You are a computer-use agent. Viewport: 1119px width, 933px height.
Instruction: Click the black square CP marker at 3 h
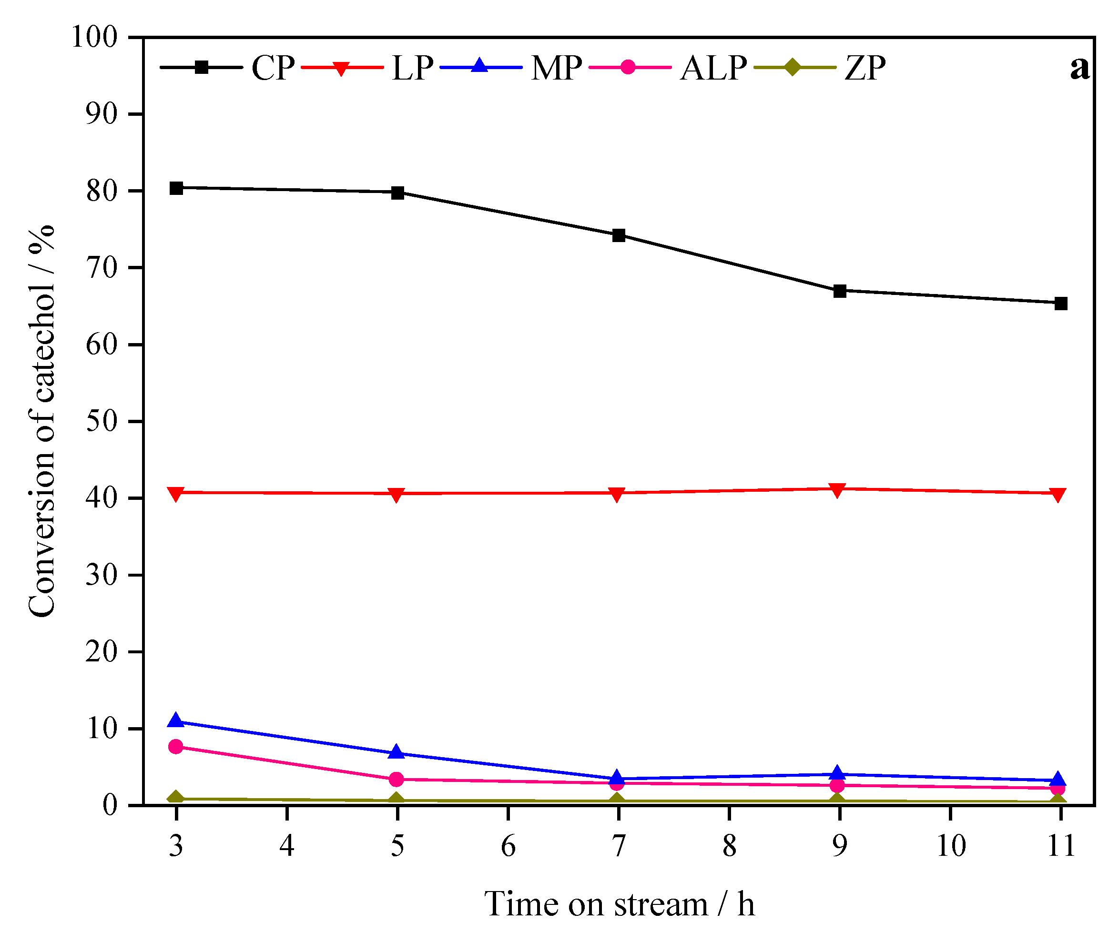coord(176,188)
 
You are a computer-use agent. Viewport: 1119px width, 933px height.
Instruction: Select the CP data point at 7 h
coord(619,235)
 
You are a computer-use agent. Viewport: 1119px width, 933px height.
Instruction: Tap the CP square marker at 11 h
coord(1061,304)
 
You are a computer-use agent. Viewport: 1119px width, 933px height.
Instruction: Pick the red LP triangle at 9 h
coord(838,490)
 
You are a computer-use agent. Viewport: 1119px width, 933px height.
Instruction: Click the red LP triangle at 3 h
coord(176,493)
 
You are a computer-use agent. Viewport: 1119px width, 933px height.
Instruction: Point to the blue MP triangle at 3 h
coord(176,721)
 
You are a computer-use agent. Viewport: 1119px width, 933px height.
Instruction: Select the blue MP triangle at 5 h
coord(397,752)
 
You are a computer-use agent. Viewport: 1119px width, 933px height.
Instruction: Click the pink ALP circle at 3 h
coord(176,747)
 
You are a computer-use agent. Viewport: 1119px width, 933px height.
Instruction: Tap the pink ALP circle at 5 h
coord(397,780)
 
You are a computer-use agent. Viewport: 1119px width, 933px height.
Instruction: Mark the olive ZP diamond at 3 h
coord(176,798)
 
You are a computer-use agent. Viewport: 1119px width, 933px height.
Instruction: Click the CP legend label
coord(273,69)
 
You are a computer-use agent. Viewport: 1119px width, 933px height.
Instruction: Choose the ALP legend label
coord(713,69)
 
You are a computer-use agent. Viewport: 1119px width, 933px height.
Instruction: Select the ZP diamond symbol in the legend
coord(793,67)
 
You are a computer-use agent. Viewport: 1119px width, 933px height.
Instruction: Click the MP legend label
coord(556,69)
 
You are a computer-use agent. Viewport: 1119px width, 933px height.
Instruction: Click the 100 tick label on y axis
coord(94,38)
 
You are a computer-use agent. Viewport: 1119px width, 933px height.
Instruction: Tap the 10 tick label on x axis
coord(951,846)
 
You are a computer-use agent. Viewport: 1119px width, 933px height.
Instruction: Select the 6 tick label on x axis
coord(508,846)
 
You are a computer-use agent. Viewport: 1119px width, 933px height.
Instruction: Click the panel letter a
coord(1079,69)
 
